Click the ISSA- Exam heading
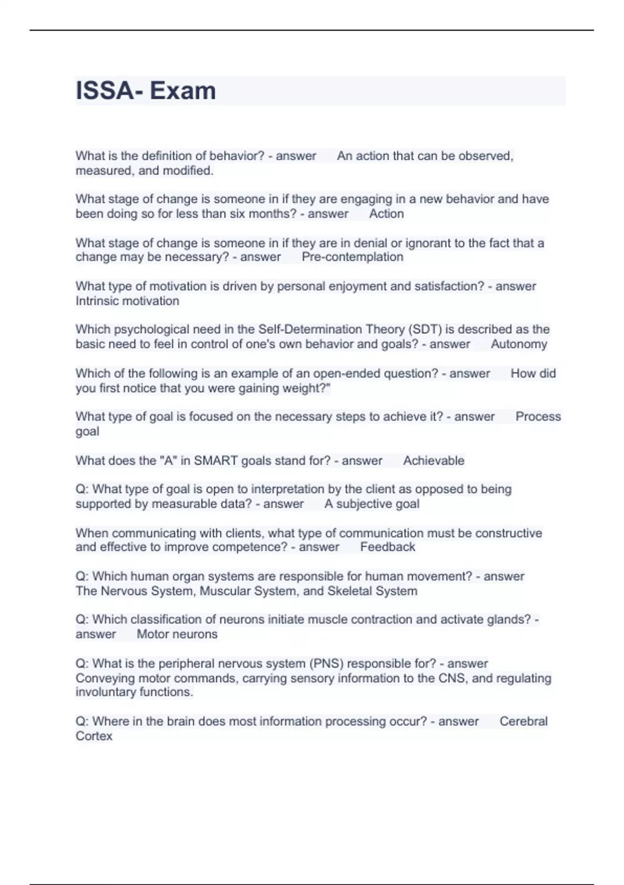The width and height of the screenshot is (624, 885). [x=146, y=91]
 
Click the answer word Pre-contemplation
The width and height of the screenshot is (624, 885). [x=352, y=257]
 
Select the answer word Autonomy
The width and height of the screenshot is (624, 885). [x=518, y=344]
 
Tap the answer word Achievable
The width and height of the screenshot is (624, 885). [x=433, y=461]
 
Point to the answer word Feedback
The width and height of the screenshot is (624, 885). [x=387, y=547]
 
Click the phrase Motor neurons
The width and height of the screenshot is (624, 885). [x=177, y=634]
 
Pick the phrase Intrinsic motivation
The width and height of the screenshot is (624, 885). [x=127, y=301]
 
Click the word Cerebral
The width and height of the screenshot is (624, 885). [x=523, y=722]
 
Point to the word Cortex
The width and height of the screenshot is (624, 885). [x=94, y=736]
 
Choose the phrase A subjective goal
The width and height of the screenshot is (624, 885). [x=371, y=504]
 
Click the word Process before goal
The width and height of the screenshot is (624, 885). [x=538, y=417]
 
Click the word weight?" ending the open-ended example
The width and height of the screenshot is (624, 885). [x=307, y=388]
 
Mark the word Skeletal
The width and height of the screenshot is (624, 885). [x=349, y=591]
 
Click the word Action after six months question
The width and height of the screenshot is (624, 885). [x=386, y=214]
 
